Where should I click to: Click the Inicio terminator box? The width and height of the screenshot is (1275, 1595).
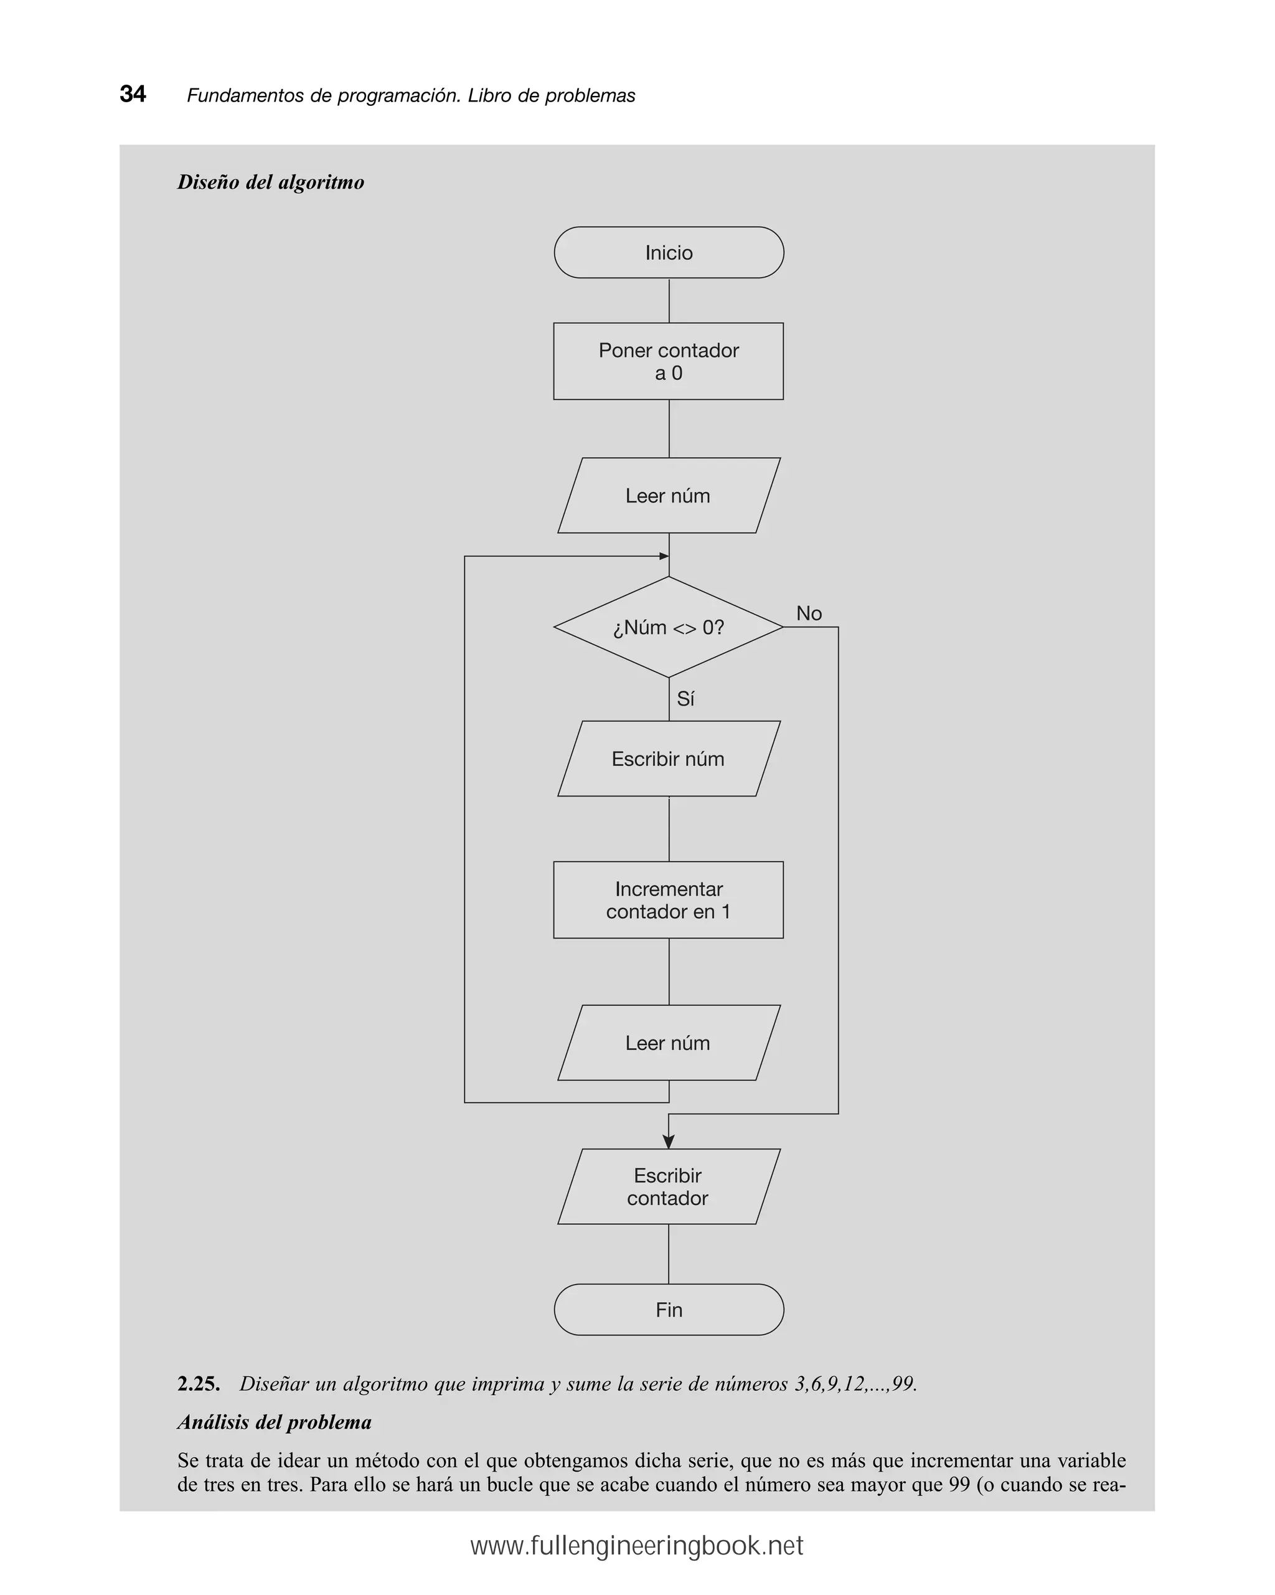point(669,252)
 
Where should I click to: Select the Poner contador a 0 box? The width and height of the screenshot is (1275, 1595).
point(669,361)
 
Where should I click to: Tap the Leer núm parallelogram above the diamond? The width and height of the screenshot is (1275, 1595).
point(669,496)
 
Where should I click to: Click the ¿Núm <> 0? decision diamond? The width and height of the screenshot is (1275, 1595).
point(669,627)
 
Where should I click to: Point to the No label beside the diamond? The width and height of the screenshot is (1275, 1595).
point(808,613)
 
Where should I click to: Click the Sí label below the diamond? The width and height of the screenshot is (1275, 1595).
point(685,698)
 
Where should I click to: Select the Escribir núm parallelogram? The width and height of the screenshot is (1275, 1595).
point(669,759)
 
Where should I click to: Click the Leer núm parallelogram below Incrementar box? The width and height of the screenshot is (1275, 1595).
point(669,1043)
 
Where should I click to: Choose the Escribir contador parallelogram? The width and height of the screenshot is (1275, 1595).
point(669,1186)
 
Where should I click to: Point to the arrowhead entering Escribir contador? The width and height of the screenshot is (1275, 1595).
point(669,1142)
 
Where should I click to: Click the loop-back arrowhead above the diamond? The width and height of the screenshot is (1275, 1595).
point(664,556)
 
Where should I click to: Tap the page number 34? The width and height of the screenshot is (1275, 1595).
point(133,94)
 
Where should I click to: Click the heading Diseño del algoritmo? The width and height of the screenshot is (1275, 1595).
point(271,182)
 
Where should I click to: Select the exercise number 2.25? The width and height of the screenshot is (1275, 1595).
point(198,1384)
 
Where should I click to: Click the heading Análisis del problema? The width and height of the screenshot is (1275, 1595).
point(275,1422)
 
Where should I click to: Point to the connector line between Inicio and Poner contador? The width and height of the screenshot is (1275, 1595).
point(669,300)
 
